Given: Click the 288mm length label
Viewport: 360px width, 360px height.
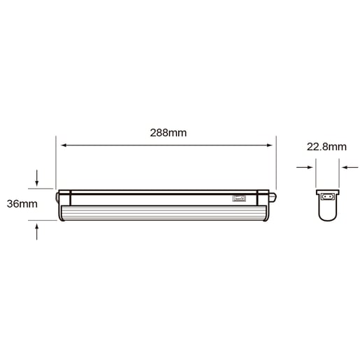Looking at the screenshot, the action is coord(168,133).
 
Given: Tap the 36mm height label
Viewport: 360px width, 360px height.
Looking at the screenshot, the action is coord(22,204).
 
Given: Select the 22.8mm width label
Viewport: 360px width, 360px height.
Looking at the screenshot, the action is coord(326,147).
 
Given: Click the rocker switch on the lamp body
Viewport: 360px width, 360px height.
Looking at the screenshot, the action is coord(239,199).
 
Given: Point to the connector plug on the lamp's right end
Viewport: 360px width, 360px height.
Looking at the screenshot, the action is coord(273,197).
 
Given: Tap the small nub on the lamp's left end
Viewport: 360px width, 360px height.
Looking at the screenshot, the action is coord(57,197).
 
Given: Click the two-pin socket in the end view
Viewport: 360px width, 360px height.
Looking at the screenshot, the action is coord(328,197).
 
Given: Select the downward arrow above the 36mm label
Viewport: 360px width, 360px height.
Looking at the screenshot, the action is coord(36,178).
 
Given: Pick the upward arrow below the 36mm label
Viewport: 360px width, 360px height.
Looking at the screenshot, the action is coord(36,231).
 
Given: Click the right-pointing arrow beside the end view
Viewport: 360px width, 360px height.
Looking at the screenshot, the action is coord(305,167).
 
